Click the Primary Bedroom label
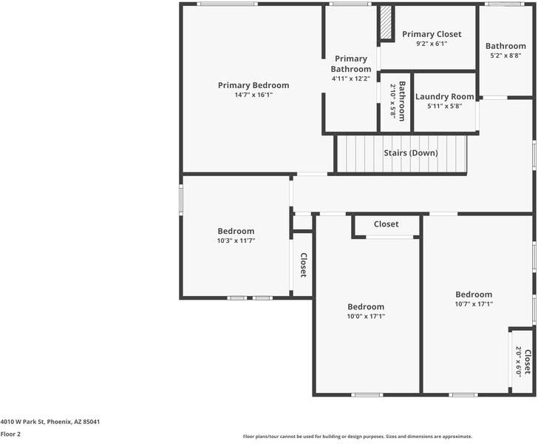click(253, 85)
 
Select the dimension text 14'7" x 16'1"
click(253, 95)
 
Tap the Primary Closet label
click(432, 34)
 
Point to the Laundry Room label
click(444, 96)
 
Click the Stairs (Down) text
click(410, 153)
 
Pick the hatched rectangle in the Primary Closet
click(385, 24)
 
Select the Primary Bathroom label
click(350, 64)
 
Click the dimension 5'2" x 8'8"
click(505, 55)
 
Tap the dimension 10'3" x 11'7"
click(236, 240)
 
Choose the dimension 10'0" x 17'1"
click(366, 316)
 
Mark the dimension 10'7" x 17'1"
click(474, 303)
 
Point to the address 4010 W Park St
click(50, 422)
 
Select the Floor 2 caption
click(10, 434)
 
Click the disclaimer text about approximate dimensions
click(357, 436)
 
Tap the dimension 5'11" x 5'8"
click(444, 106)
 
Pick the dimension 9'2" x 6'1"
click(432, 44)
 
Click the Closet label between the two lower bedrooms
click(386, 224)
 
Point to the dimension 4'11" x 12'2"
click(350, 78)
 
